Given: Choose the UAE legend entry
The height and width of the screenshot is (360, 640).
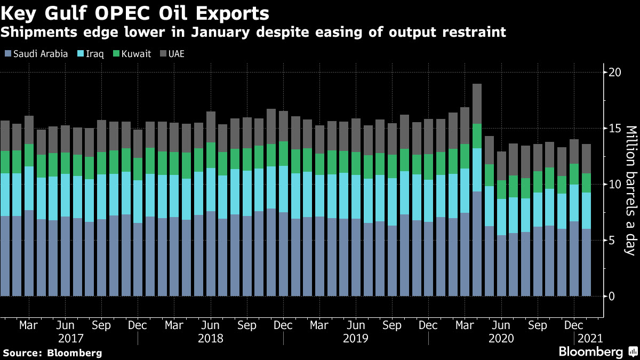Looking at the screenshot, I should (x=173, y=54).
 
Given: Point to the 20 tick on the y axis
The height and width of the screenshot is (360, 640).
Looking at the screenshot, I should (x=615, y=72).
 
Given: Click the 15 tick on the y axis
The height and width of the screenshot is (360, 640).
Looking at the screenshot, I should (x=615, y=128).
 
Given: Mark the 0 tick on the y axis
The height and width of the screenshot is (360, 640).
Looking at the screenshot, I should (x=612, y=296).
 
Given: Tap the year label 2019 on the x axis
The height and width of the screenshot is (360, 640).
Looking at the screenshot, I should (x=356, y=338).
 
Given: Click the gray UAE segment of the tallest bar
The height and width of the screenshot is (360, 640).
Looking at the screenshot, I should (x=477, y=103).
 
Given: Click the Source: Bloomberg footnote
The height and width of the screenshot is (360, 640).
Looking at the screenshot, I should (x=52, y=353).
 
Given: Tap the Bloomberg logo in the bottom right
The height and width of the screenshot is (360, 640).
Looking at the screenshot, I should (x=591, y=352).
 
